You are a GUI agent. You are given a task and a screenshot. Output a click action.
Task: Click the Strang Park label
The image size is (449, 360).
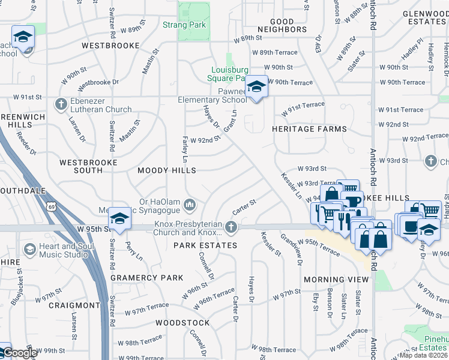pyautogui.click(x=184, y=25)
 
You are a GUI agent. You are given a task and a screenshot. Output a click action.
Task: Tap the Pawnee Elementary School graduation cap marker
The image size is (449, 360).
pyautogui.click(x=256, y=88)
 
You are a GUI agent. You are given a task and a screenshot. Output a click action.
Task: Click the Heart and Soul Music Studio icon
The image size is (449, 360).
pyautogui.click(x=29, y=249)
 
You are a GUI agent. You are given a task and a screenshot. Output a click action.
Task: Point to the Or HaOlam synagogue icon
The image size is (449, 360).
pyautogui.click(x=190, y=206)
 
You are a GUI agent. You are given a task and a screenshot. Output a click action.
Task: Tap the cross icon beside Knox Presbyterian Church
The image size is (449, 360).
pyautogui.click(x=231, y=227)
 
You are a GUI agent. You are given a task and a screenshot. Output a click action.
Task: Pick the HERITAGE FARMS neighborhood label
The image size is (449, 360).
pyautogui.click(x=309, y=129)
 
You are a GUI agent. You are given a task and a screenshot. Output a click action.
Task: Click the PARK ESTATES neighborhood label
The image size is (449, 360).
pyautogui.click(x=205, y=245)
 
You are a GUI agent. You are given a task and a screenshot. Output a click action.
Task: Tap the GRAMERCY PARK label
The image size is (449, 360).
pyautogui.click(x=146, y=278)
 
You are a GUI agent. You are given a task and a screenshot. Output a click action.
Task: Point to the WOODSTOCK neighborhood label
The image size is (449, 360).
pyautogui.click(x=182, y=323)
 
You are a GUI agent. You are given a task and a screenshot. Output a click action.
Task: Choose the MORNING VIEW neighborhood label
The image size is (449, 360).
pyautogui.click(x=336, y=280)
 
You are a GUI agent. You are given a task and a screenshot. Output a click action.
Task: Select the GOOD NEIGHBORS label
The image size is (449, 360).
pyautogui.click(x=282, y=25)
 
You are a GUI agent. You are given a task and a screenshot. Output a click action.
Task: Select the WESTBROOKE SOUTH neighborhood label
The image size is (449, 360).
pyautogui.click(x=80, y=166)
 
